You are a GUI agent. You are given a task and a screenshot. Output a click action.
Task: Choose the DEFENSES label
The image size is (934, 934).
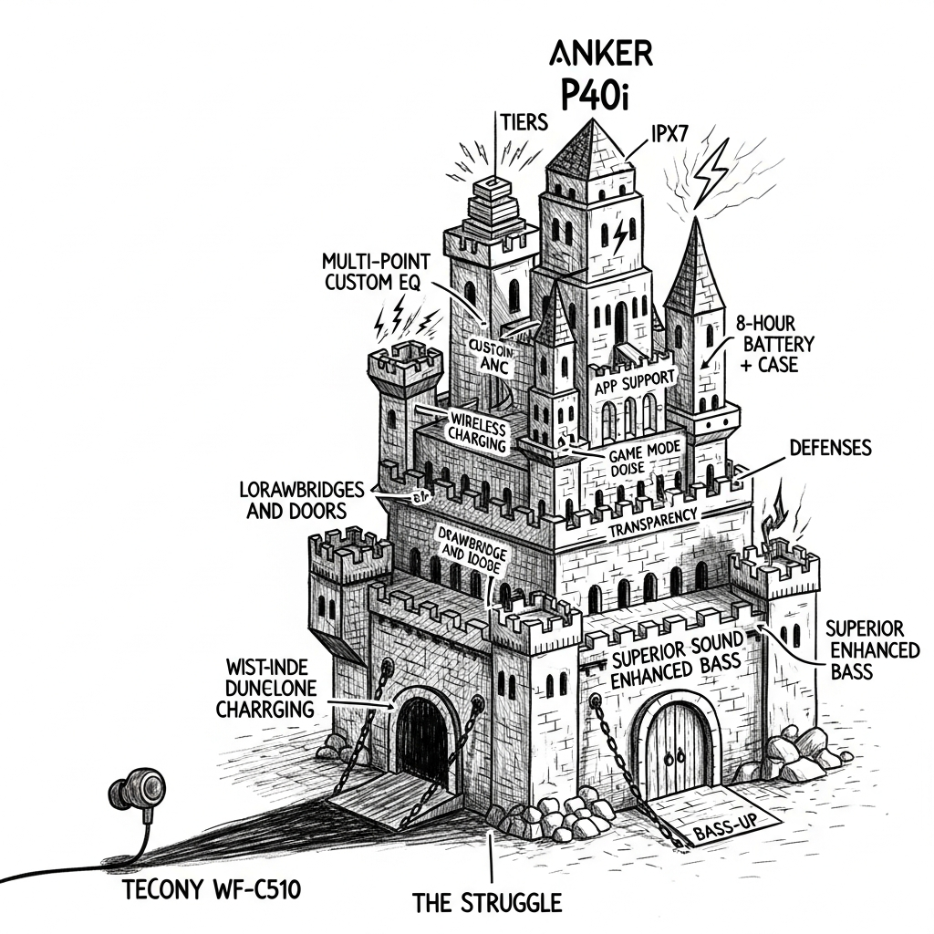click(x=830, y=448)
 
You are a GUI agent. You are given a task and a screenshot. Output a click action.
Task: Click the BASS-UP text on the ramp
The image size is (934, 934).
click(x=723, y=832)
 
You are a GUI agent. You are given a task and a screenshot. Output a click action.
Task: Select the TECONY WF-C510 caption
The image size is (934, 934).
click(x=215, y=889)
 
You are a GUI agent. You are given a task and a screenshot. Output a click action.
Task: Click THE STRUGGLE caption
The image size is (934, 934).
click(x=487, y=903)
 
